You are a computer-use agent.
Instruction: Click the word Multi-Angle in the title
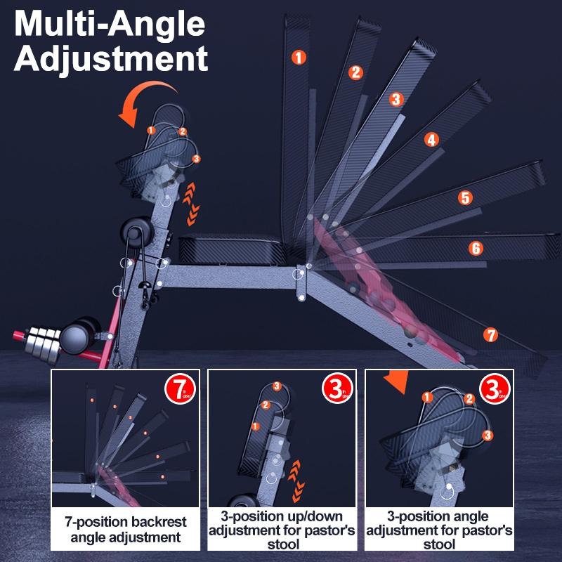click(x=111, y=25)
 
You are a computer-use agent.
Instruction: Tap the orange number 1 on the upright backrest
click(x=300, y=58)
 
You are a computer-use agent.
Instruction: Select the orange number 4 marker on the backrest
click(x=431, y=140)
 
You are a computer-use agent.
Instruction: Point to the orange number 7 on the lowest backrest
click(x=491, y=334)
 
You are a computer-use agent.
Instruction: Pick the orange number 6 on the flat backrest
click(x=476, y=248)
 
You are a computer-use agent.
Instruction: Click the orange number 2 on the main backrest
click(x=356, y=72)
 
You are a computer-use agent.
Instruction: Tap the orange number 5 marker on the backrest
click(x=465, y=198)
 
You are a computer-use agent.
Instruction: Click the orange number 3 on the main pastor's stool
click(x=196, y=159)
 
